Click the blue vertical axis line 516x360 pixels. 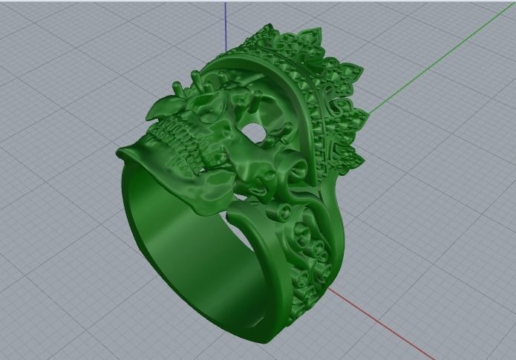[225, 30]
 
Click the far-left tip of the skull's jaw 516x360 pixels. [119, 153]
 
